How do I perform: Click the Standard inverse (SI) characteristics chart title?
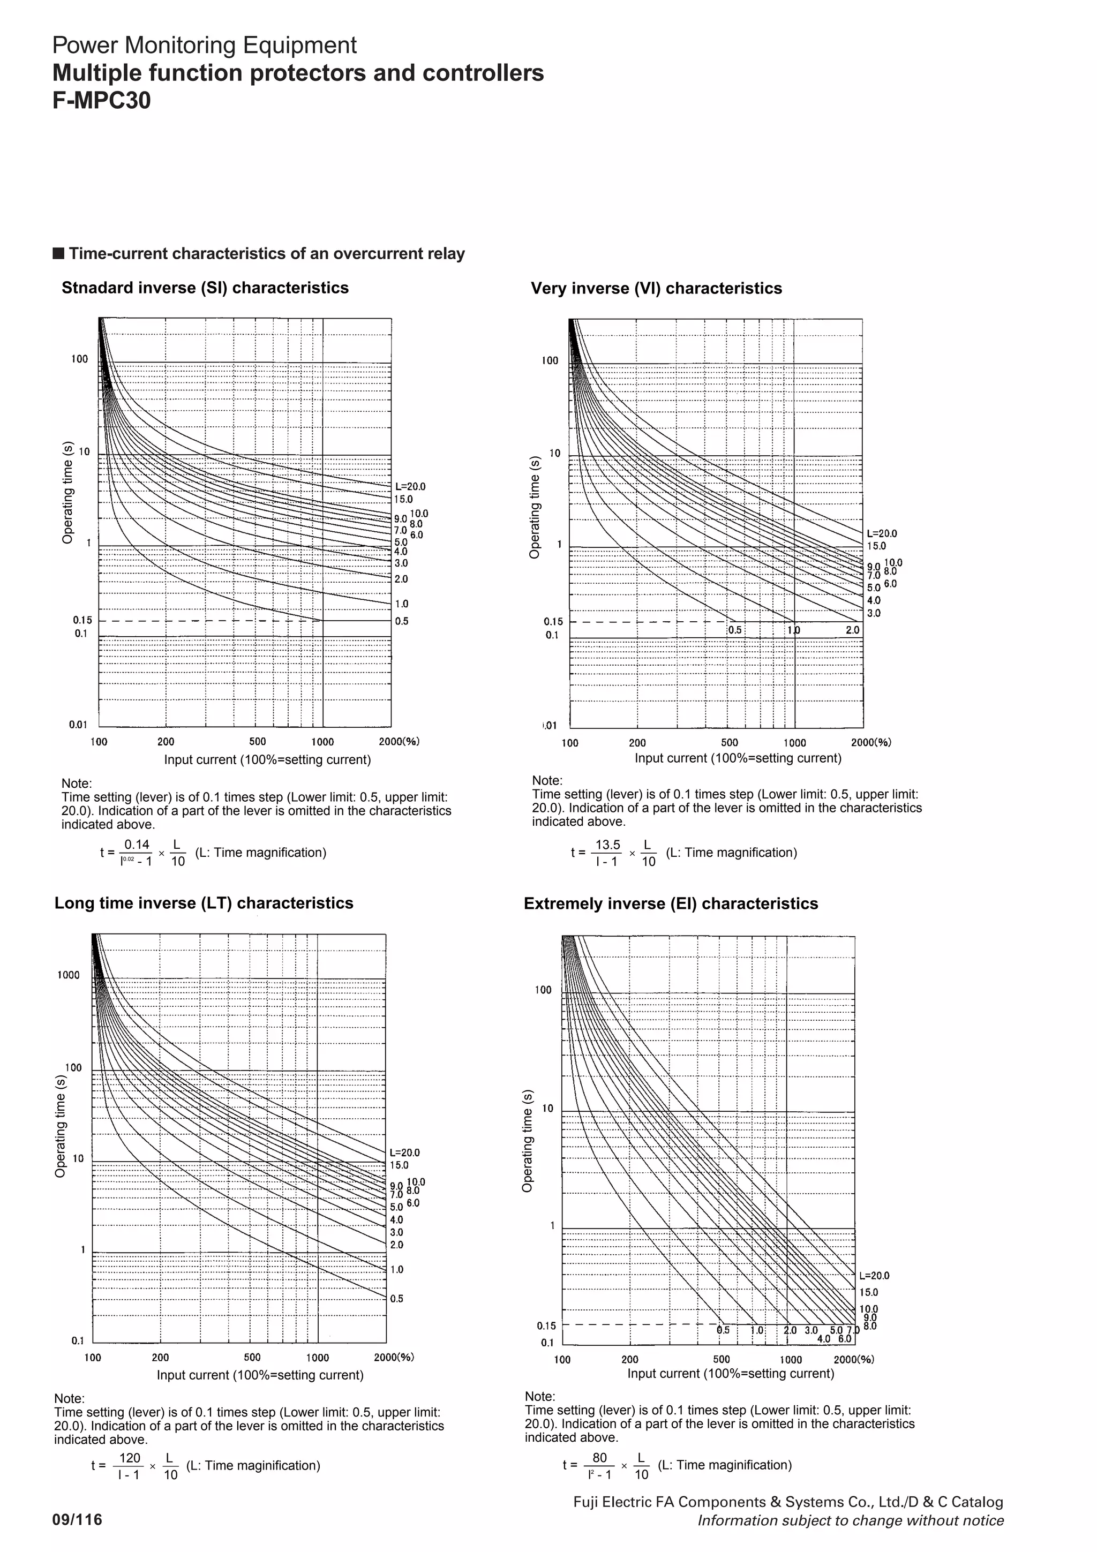coord(205,288)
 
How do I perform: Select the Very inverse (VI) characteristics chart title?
coord(656,289)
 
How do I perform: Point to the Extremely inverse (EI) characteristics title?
coord(671,904)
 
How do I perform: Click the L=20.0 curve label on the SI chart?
coord(410,487)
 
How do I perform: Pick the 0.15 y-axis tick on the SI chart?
coord(82,620)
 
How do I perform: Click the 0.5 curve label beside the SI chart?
coord(402,621)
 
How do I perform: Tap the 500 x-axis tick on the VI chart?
coord(730,743)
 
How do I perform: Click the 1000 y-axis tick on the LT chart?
coord(68,975)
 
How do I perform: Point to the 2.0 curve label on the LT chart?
coord(397,1245)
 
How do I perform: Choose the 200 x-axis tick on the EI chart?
coord(629,1359)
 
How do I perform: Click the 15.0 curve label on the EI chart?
coord(868,1292)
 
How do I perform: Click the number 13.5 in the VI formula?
coord(607,845)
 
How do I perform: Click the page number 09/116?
coord(78,1519)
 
